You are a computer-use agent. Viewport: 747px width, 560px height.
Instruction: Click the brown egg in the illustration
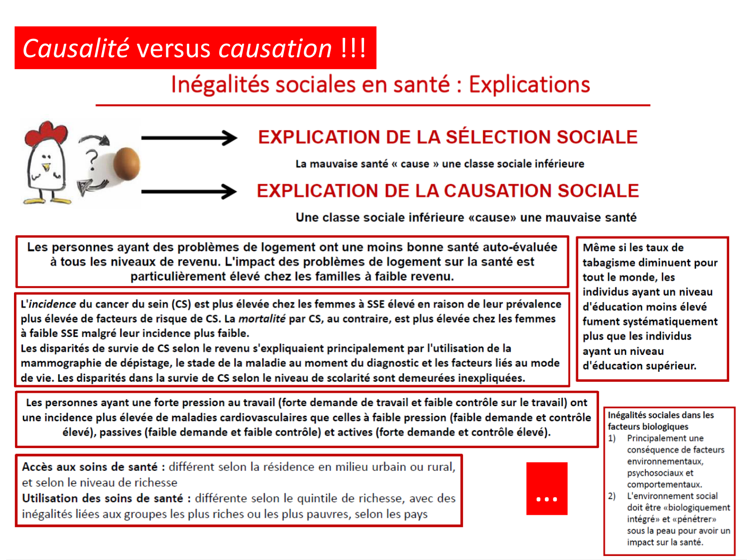point(126,164)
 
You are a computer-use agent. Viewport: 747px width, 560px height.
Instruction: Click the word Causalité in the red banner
point(76,49)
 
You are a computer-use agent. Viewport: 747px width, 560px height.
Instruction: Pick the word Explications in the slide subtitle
point(529,85)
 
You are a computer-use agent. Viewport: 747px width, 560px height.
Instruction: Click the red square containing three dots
point(547,488)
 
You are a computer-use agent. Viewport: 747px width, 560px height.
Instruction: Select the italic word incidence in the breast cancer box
point(52,304)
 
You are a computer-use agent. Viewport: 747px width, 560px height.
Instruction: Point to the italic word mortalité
point(261,319)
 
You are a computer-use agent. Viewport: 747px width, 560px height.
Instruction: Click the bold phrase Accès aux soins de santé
point(90,467)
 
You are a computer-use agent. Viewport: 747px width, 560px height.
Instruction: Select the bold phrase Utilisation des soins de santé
point(103,498)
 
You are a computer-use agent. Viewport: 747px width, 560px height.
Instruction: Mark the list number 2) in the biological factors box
point(612,496)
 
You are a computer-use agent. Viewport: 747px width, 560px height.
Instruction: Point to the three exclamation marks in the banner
point(354,49)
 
